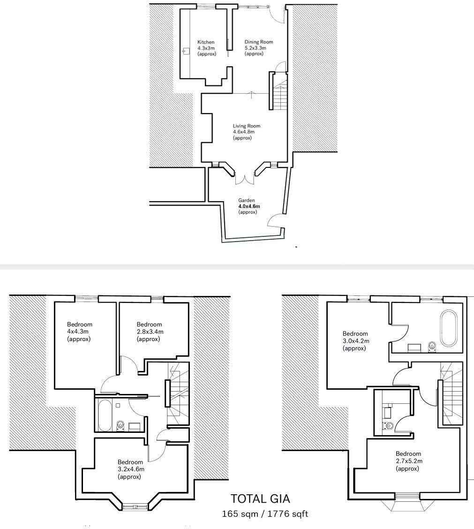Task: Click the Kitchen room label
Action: [206, 42]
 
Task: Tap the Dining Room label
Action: [258, 42]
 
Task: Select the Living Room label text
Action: [247, 126]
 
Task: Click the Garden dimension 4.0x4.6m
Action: [249, 206]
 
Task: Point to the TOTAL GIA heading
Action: [263, 499]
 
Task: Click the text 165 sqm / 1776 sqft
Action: [265, 514]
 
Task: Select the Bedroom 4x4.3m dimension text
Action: [78, 332]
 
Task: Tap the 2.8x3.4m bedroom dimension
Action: [150, 332]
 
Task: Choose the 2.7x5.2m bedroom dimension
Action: [409, 461]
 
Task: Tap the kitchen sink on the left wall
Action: [186, 51]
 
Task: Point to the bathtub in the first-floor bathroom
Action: [104, 415]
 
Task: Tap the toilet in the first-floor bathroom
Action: [120, 425]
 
